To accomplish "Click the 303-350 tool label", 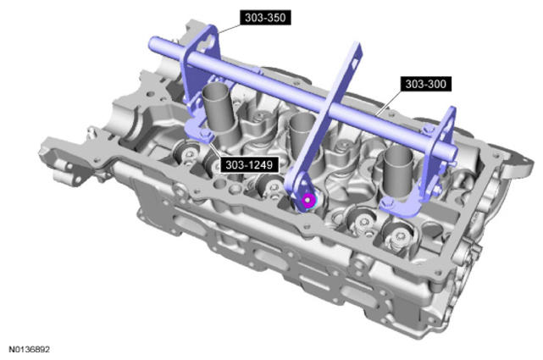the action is coord(265,17).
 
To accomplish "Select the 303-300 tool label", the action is coord(425,84).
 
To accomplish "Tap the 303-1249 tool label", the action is coord(249,165).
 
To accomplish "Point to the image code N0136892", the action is coord(29,349).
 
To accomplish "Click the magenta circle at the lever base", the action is coord(308,200).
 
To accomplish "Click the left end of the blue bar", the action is coord(152,43).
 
